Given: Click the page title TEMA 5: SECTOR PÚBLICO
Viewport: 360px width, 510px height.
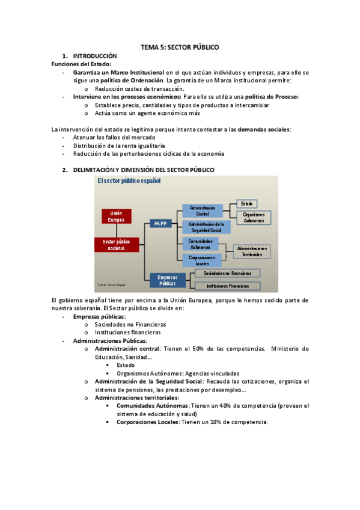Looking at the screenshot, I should coord(180,46).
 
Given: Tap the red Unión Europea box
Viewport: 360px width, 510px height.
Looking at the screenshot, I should coord(116,217).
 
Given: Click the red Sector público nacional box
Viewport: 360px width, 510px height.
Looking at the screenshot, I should coord(116,244).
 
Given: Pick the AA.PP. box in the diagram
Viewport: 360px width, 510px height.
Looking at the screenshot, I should coord(160,223).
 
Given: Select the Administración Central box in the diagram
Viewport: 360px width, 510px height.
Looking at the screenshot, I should coord(202,210).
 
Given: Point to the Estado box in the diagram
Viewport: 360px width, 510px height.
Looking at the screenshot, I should coord(246,204).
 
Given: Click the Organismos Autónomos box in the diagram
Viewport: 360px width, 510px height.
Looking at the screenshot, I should coord(254,217).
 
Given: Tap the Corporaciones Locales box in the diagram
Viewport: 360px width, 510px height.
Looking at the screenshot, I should coord(202,260).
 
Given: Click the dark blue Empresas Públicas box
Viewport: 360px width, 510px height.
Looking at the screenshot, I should coord(168,280).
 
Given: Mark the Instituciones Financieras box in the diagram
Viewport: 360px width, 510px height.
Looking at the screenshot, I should coord(228,286).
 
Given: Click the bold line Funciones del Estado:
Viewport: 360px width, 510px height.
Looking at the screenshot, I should coord(81,64).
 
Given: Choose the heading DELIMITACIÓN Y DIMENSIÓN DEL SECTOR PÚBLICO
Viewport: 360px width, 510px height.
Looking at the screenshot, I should coord(143,170).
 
